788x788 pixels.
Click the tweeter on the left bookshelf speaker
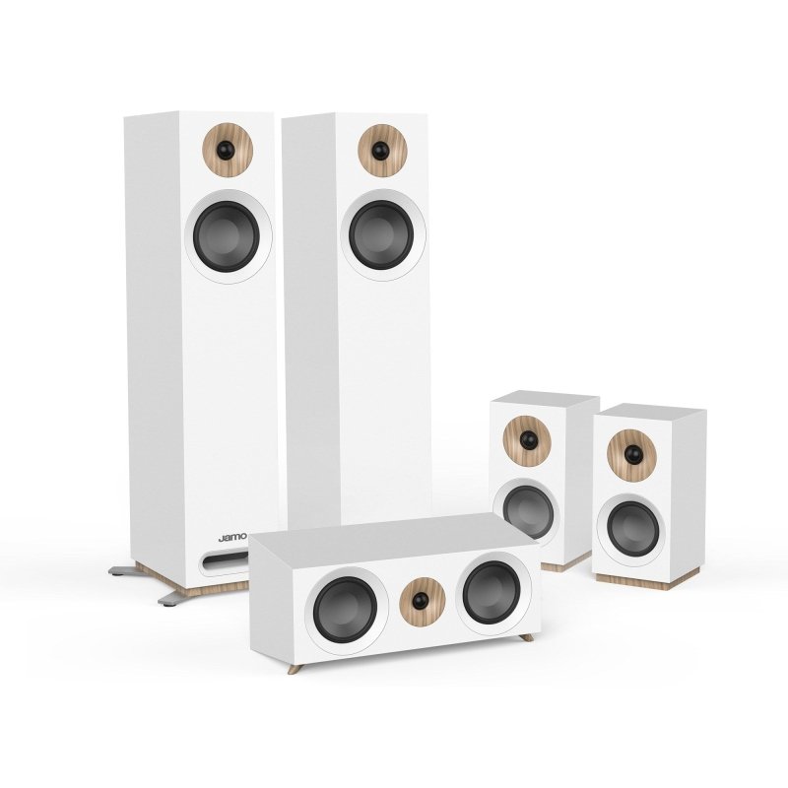click(526, 439)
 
